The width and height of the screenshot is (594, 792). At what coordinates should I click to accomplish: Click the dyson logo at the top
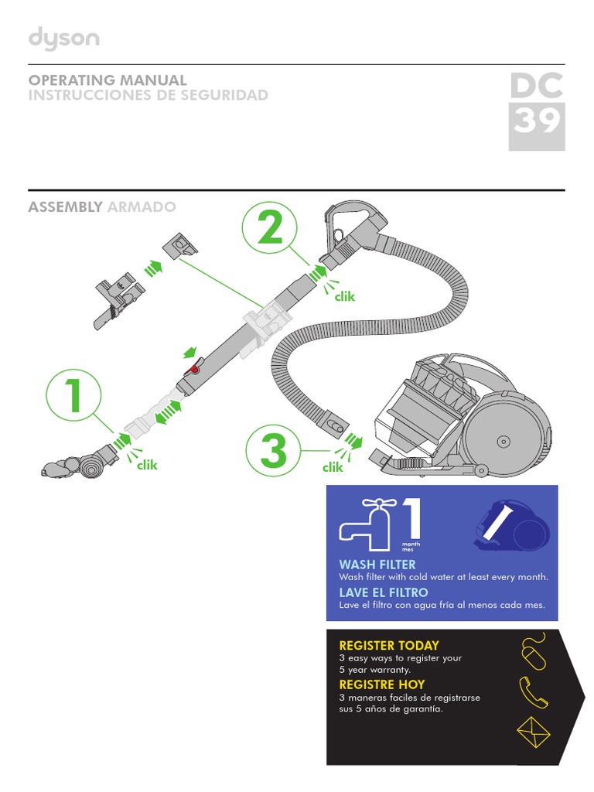coord(64,39)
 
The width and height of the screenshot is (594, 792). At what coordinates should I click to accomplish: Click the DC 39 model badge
coord(536,109)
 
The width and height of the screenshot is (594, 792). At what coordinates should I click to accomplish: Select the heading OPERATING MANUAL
coord(108,80)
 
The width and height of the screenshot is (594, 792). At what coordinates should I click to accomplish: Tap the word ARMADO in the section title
coord(142,207)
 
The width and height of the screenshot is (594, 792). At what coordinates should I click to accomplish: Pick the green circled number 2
coord(270,228)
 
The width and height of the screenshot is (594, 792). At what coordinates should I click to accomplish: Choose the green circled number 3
coord(275,451)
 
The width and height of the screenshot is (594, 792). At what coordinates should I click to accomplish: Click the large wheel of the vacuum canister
coord(504,440)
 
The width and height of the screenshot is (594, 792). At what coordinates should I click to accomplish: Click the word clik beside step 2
coord(344,296)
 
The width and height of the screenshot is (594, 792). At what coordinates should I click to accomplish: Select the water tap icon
coord(367,525)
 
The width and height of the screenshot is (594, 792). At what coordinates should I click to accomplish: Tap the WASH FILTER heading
coord(377,565)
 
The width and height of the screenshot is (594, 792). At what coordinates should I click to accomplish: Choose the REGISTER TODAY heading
coord(389,645)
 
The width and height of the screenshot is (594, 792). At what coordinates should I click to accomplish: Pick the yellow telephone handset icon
coord(533,691)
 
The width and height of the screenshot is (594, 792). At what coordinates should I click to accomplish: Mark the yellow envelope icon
coord(532,732)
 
